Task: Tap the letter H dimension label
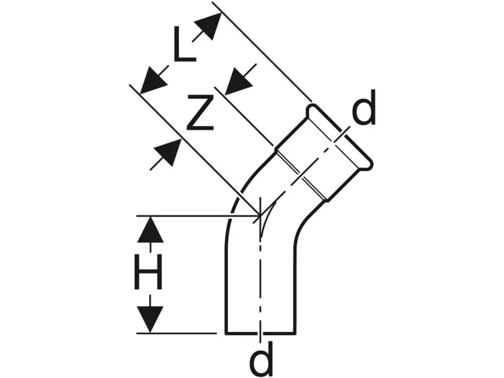pos(149,275)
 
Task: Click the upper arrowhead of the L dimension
pos(208,25)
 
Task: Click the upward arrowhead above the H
pos(150,229)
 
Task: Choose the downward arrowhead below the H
pos(150,319)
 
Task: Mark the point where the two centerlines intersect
pos(260,217)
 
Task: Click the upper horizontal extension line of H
pos(189,216)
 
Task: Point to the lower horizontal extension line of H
pos(183,333)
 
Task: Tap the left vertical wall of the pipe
pos(226,283)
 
